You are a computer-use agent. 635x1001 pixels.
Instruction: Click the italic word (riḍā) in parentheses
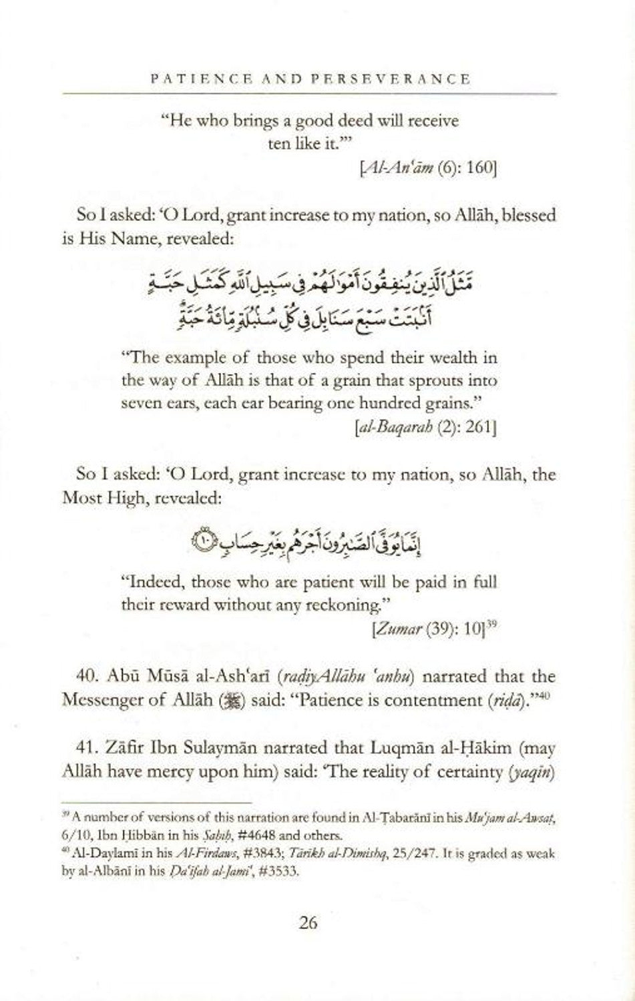496,701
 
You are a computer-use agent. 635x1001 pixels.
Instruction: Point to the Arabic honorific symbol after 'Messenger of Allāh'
235,701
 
